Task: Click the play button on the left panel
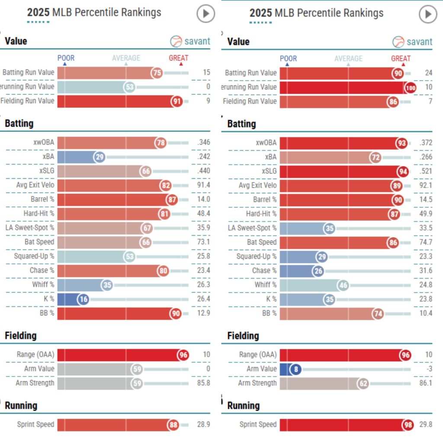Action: (206, 14)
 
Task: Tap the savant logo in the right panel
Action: (412, 42)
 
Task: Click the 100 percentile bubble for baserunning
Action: (410, 87)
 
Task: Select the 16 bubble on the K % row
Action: (83, 299)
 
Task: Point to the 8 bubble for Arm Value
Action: (296, 369)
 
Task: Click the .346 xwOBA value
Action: (203, 142)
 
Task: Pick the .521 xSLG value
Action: (425, 171)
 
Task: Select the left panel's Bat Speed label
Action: (39, 242)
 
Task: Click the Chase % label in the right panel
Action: (264, 271)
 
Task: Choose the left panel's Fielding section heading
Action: (21, 336)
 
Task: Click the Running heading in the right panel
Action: (244, 406)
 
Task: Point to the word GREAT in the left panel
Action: (179, 58)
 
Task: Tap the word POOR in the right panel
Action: (289, 58)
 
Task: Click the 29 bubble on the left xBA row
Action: (100, 157)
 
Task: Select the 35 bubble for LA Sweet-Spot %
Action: (330, 228)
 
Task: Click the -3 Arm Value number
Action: (427, 369)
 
